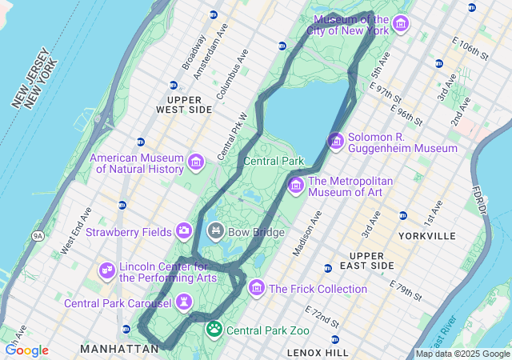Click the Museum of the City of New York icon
click(400, 24)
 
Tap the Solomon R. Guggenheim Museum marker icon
click(336, 142)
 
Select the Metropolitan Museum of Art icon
click(296, 186)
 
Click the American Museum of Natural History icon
click(195, 163)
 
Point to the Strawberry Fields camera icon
click(184, 232)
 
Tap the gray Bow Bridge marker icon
click(215, 232)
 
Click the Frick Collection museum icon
click(257, 287)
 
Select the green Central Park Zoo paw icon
click(214, 329)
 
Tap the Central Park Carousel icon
click(184, 302)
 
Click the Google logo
click(26, 350)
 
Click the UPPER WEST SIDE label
click(184, 103)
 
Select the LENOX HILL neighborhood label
click(318, 352)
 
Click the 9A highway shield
click(38, 236)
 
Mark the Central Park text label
click(274, 161)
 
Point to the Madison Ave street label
click(307, 233)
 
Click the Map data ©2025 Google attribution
click(462, 354)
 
